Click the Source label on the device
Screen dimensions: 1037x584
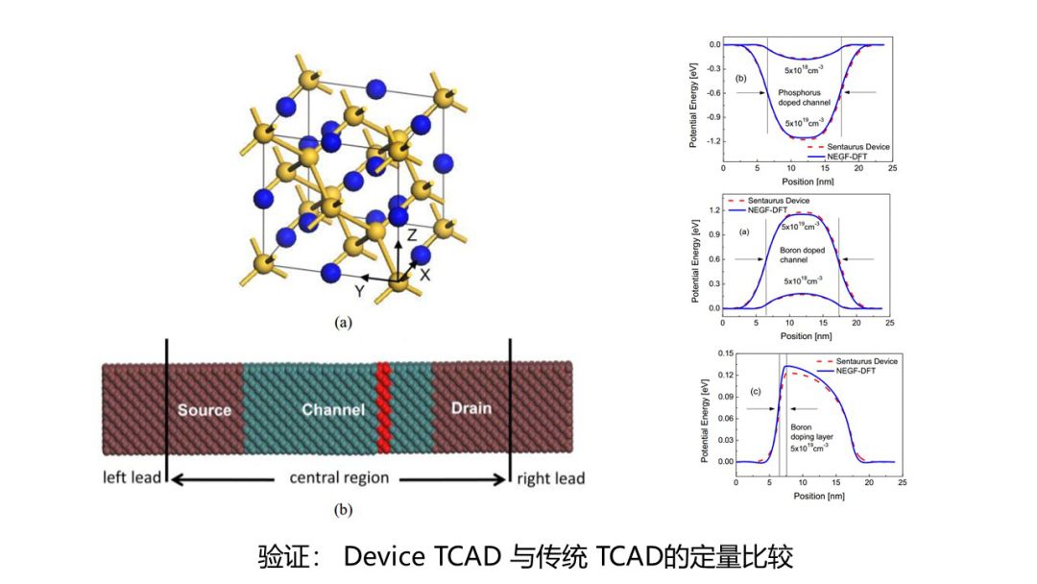click(x=205, y=410)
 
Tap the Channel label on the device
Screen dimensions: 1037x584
click(x=333, y=410)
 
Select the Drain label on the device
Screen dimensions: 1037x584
click(x=470, y=408)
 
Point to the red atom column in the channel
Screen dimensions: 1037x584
click(x=384, y=407)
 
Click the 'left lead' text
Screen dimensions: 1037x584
click(x=133, y=477)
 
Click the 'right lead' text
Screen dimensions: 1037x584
click(x=550, y=477)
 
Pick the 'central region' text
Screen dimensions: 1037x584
click(x=339, y=477)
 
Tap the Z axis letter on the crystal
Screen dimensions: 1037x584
click(x=411, y=234)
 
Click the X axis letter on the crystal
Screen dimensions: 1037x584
click(x=425, y=275)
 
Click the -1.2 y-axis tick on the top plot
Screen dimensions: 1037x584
click(x=711, y=141)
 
